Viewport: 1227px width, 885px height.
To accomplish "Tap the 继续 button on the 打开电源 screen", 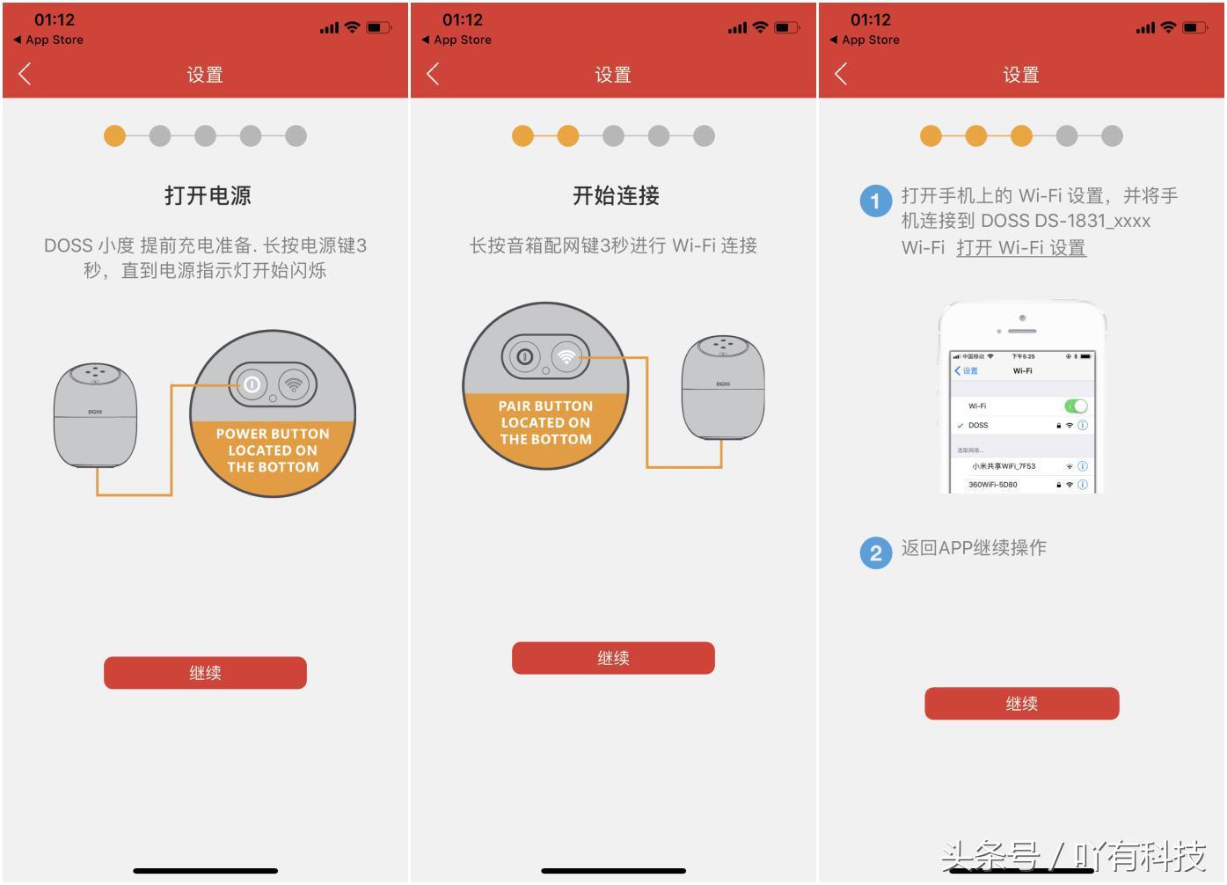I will click(x=205, y=673).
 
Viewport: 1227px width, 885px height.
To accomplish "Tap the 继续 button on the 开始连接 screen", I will click(x=613, y=658).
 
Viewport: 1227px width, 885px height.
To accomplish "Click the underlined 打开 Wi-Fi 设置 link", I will click(x=1020, y=248).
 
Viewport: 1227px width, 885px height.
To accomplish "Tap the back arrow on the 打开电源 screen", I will click(x=25, y=74).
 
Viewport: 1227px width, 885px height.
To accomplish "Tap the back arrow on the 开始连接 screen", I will click(x=433, y=74).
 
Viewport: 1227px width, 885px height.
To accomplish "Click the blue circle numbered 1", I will click(x=875, y=201).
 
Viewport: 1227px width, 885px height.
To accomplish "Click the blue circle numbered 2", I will click(x=875, y=552).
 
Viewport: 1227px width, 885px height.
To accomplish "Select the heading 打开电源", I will click(x=208, y=195).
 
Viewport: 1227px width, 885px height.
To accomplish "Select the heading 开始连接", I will click(x=616, y=195).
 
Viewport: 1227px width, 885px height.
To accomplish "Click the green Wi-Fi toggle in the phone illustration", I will click(x=1076, y=406).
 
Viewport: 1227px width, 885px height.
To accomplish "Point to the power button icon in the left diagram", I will click(x=252, y=384).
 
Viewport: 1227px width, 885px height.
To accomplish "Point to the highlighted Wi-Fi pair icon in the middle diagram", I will click(x=567, y=356).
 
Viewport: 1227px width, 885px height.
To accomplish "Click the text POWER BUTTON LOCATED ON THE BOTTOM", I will click(x=273, y=450).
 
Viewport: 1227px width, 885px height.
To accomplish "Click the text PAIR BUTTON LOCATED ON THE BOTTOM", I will click(x=545, y=423).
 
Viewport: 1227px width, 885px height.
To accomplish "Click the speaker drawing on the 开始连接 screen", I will click(x=723, y=387).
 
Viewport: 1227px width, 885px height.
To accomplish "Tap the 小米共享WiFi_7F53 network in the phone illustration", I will click(x=1004, y=466).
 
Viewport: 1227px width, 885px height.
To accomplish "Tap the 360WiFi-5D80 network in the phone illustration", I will click(x=993, y=485).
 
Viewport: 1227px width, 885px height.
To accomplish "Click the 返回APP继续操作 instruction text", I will click(x=974, y=548).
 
